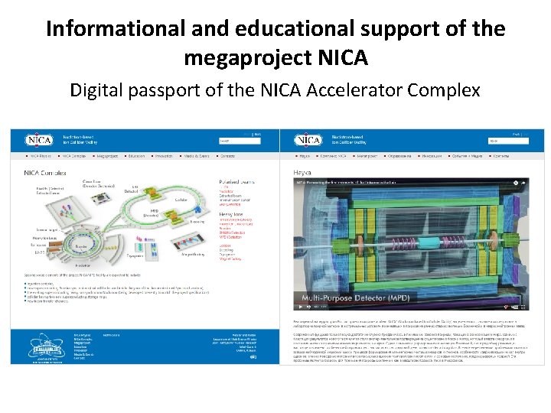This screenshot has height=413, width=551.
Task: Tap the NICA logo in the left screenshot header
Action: (x=38, y=140)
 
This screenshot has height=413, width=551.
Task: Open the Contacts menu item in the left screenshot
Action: (x=227, y=155)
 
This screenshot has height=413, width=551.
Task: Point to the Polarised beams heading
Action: (x=236, y=183)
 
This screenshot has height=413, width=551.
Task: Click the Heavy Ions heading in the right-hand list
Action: (x=233, y=215)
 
